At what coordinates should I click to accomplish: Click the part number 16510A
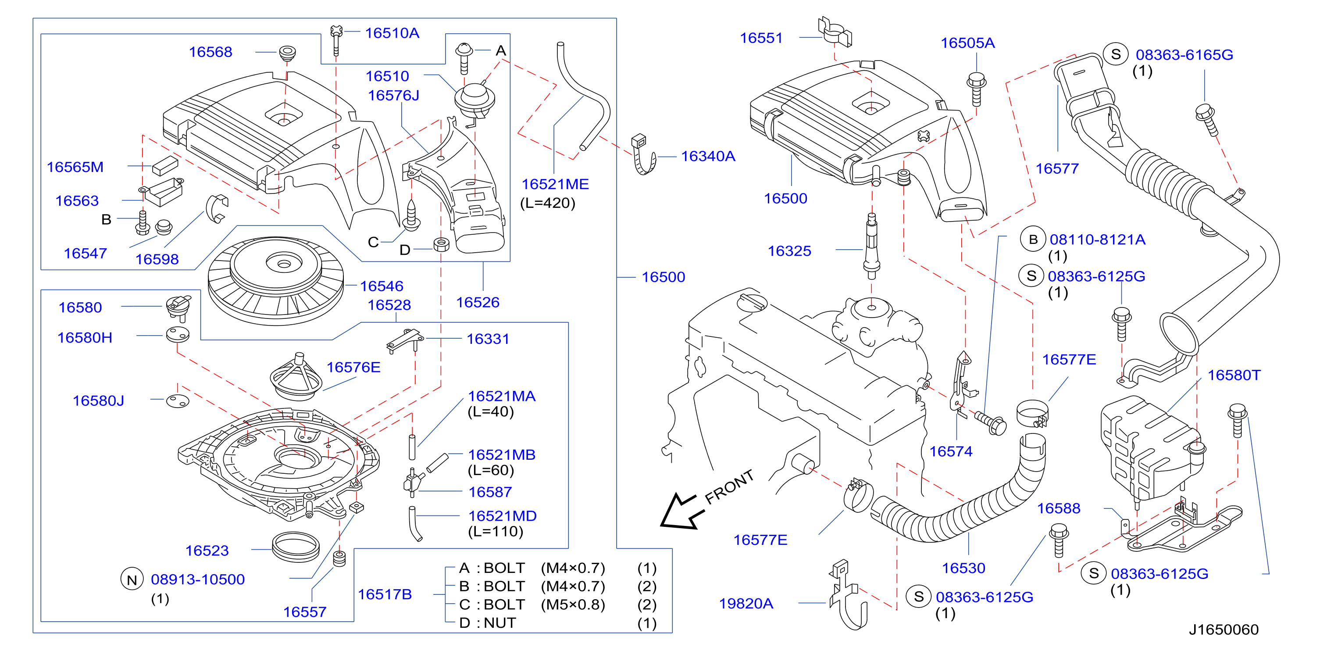coord(392,33)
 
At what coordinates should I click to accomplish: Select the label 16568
coord(210,52)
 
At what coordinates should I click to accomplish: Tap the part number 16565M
coord(75,167)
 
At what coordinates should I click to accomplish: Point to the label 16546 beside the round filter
coord(382,286)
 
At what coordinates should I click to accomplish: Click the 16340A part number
coord(708,156)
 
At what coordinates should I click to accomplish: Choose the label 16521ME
coord(555,185)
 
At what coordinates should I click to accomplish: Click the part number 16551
coord(761,38)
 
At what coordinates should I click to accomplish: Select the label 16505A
coord(968,43)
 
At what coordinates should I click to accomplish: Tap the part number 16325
coord(790,251)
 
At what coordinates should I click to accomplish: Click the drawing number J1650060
coord(1224,630)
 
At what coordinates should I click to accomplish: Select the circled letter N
coord(132,580)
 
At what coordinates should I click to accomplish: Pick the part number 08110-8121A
coord(1098,240)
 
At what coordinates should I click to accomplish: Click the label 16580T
coord(1234,375)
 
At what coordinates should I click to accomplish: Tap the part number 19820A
coord(746,604)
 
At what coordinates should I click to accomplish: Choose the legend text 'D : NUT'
coord(488,623)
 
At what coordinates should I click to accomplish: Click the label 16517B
coord(385,594)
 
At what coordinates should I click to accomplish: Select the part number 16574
coord(951,451)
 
